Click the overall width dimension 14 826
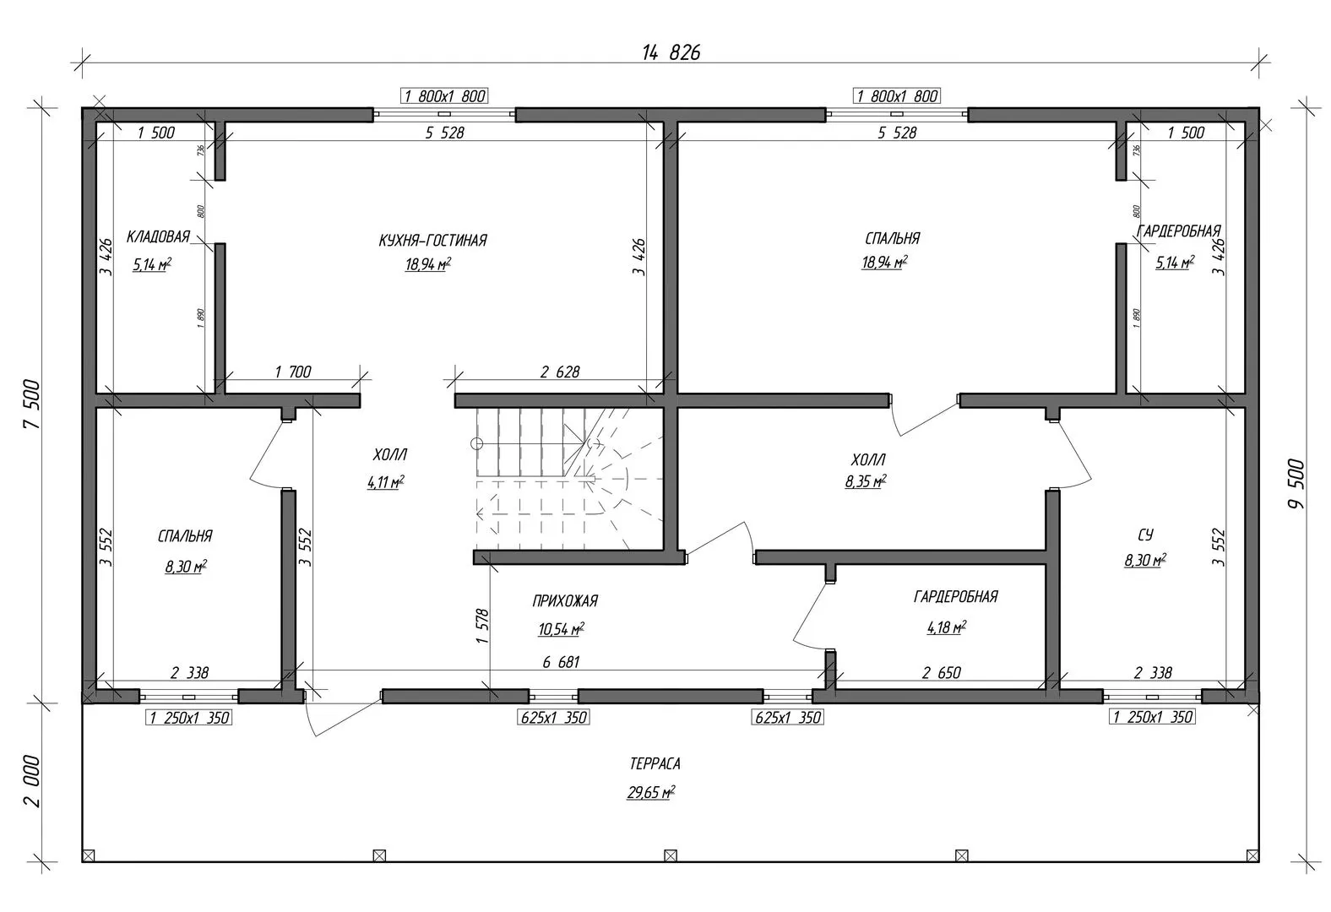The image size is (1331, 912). [671, 52]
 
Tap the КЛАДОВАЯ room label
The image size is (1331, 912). [158, 236]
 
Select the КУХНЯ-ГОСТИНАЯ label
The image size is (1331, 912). [432, 241]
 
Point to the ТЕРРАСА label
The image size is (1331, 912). [655, 764]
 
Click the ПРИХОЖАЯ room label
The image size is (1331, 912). [565, 601]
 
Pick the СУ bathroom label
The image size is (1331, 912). [1145, 535]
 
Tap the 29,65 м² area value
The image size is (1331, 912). [650, 793]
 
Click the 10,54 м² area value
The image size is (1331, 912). [561, 629]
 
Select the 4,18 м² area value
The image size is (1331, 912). [946, 627]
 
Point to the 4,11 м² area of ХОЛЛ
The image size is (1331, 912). [385, 483]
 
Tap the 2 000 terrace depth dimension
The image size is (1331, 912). [32, 781]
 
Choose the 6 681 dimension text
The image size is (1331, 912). [561, 663]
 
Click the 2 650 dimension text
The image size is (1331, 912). [941, 673]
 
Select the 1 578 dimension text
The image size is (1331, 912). [482, 626]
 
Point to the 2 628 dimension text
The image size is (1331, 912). [560, 372]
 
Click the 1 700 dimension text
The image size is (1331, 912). [293, 372]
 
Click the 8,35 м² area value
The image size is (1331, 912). [866, 483]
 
